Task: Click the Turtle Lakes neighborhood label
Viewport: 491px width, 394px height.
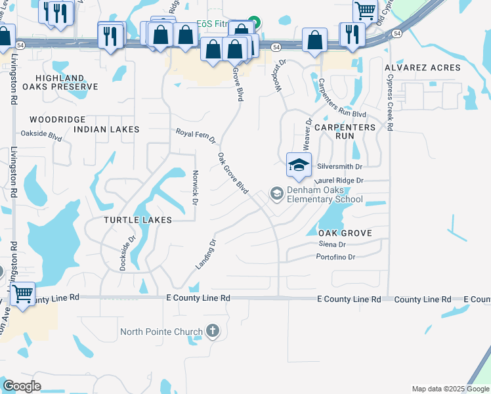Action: (138, 220)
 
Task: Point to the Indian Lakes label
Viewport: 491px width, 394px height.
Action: (106, 129)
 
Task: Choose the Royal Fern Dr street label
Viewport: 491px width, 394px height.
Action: (195, 136)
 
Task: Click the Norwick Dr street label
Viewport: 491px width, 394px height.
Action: (195, 187)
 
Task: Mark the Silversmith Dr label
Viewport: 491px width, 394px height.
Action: (340, 167)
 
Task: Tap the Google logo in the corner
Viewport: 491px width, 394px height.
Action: (22, 386)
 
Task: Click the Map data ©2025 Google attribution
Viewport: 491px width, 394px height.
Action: (450, 389)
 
